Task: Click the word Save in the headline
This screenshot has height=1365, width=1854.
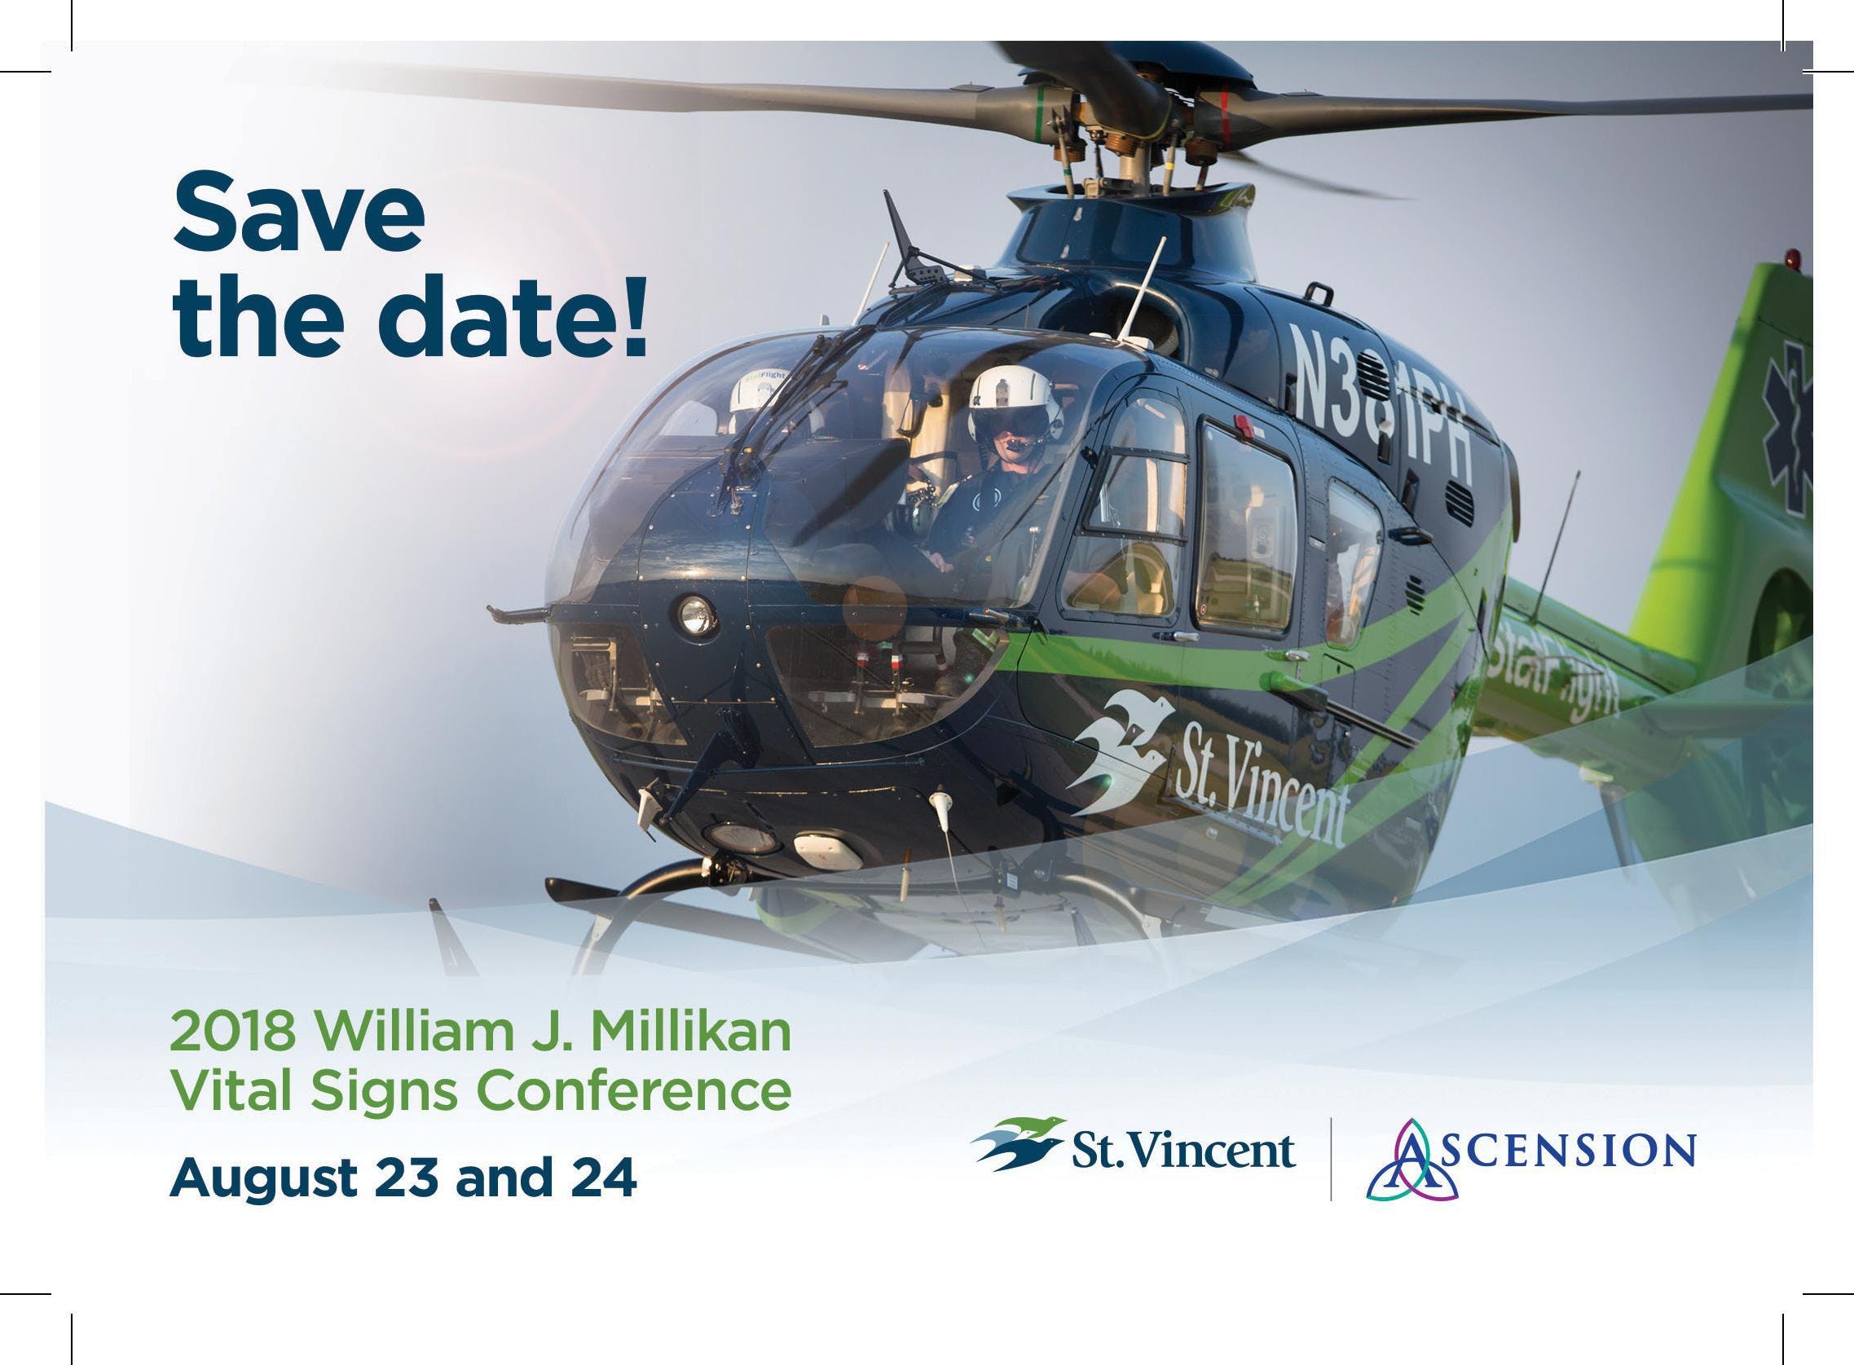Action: (298, 213)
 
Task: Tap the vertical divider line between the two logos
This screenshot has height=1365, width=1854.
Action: (1330, 1160)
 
